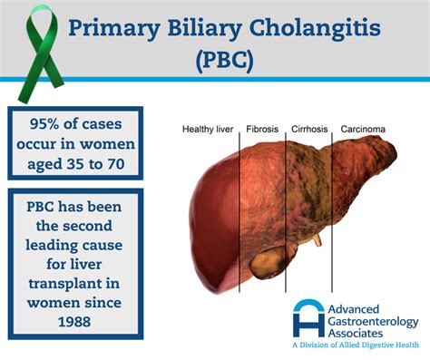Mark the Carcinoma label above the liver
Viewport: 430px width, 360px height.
363,130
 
